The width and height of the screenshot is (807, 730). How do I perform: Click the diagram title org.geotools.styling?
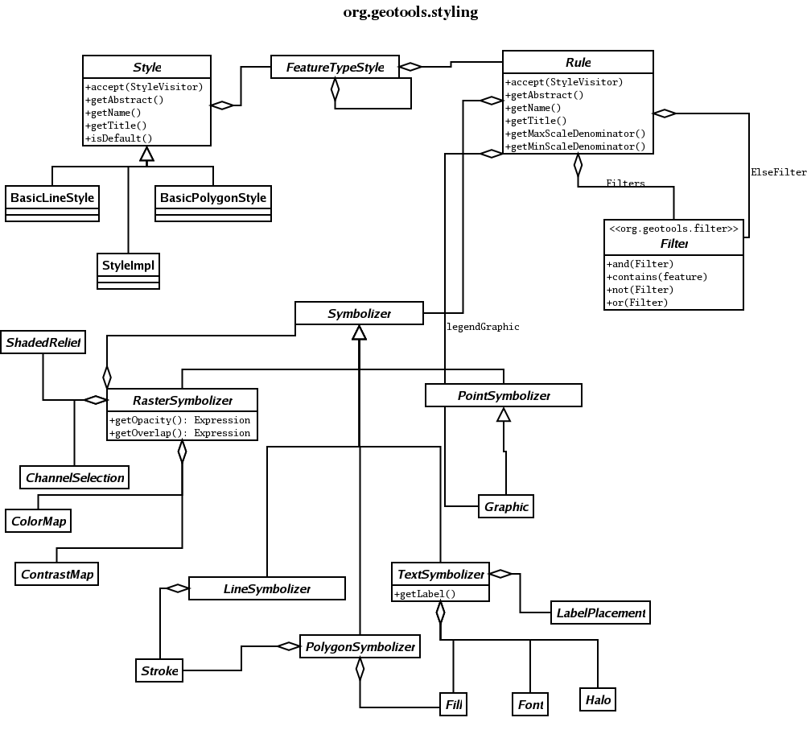[410, 12]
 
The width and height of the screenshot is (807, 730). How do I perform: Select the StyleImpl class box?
[128, 271]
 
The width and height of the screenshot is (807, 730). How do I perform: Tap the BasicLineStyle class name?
[52, 198]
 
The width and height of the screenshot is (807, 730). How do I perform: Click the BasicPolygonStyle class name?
[213, 198]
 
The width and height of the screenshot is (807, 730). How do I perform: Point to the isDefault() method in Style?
[119, 138]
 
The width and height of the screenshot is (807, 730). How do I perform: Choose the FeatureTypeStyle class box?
[335, 67]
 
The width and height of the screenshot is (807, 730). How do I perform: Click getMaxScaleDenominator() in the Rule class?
[575, 134]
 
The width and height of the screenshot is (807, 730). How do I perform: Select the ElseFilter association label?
[778, 172]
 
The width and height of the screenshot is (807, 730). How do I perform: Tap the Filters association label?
[625, 183]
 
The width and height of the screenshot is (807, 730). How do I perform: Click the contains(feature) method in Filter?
[657, 277]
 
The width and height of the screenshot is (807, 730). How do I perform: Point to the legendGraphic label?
[483, 327]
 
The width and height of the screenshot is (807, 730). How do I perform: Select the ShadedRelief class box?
[43, 342]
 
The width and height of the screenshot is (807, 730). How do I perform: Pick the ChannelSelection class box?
[74, 478]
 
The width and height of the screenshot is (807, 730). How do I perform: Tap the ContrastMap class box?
[56, 575]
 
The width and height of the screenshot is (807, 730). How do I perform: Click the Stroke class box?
[159, 670]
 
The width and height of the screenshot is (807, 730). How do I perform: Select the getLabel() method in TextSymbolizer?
[425, 594]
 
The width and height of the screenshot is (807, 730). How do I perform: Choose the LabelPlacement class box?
[600, 613]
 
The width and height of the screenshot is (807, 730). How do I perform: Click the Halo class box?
[598, 699]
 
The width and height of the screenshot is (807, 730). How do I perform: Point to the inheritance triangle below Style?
[146, 154]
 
